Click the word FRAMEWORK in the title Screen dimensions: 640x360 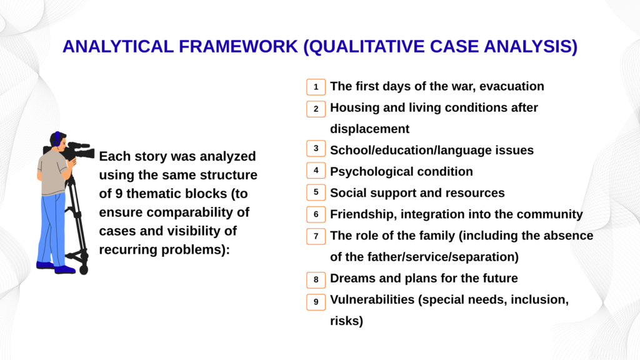pyautogui.click(x=238, y=46)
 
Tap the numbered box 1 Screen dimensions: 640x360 pyautogui.click(x=316, y=87)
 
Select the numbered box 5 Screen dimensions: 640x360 pyautogui.click(x=316, y=192)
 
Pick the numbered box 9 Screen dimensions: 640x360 pyautogui.click(x=316, y=302)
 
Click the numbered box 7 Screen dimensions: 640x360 pyautogui.click(x=316, y=236)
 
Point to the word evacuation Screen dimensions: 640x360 pyautogui.click(x=511, y=86)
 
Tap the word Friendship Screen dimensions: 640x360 pyautogui.click(x=363, y=214)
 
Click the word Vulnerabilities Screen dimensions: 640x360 pyautogui.click(x=372, y=299)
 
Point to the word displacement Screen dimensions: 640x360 pyautogui.click(x=369, y=129)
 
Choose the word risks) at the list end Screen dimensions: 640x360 pyautogui.click(x=346, y=321)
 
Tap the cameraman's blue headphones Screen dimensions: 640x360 pyautogui.click(x=57, y=139)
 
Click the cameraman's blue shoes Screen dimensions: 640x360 pyautogui.click(x=56, y=267)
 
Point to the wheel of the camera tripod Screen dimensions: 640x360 pyautogui.click(x=84, y=270)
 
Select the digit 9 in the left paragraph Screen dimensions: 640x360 pyautogui.click(x=119, y=194)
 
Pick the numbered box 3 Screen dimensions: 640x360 pyautogui.click(x=316, y=149)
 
